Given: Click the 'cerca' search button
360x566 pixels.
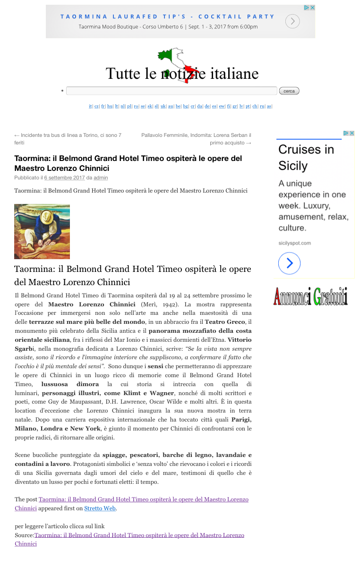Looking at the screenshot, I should (289, 91).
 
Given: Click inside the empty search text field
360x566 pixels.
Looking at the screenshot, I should (171, 91).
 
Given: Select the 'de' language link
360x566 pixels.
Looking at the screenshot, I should (207, 107).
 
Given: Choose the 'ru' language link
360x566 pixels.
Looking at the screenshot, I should (262, 107).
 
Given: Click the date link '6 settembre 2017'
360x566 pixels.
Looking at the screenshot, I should (64, 178).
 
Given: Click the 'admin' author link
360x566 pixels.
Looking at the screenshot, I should (101, 178).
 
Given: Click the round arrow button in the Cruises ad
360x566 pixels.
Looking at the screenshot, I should (290, 263).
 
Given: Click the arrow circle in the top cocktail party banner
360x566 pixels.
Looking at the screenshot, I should (292, 21).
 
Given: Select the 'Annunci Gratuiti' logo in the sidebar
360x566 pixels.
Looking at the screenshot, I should (310, 296).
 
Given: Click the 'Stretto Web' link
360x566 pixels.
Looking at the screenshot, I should (100, 508).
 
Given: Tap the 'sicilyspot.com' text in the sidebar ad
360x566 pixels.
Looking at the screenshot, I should (294, 243).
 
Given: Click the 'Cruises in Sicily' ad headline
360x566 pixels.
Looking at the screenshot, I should (306, 157).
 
